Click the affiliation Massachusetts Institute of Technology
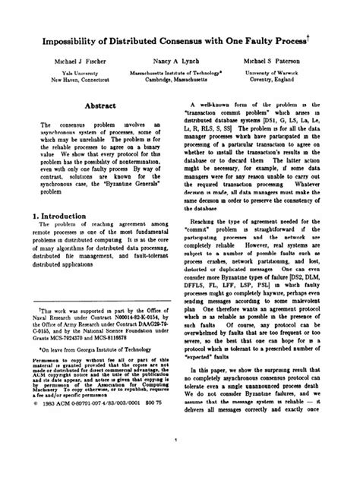[x=175, y=71]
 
